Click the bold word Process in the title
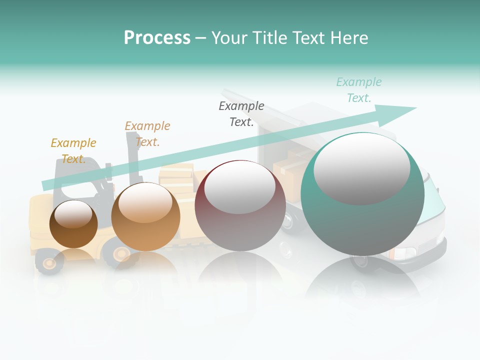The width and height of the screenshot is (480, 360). [x=157, y=38]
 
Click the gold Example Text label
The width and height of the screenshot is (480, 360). [x=73, y=151]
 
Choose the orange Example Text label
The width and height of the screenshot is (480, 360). [x=147, y=134]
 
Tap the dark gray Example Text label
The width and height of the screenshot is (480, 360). [x=241, y=114]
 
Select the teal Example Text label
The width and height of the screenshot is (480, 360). [x=358, y=90]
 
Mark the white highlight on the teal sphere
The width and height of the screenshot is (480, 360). [x=361, y=169]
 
